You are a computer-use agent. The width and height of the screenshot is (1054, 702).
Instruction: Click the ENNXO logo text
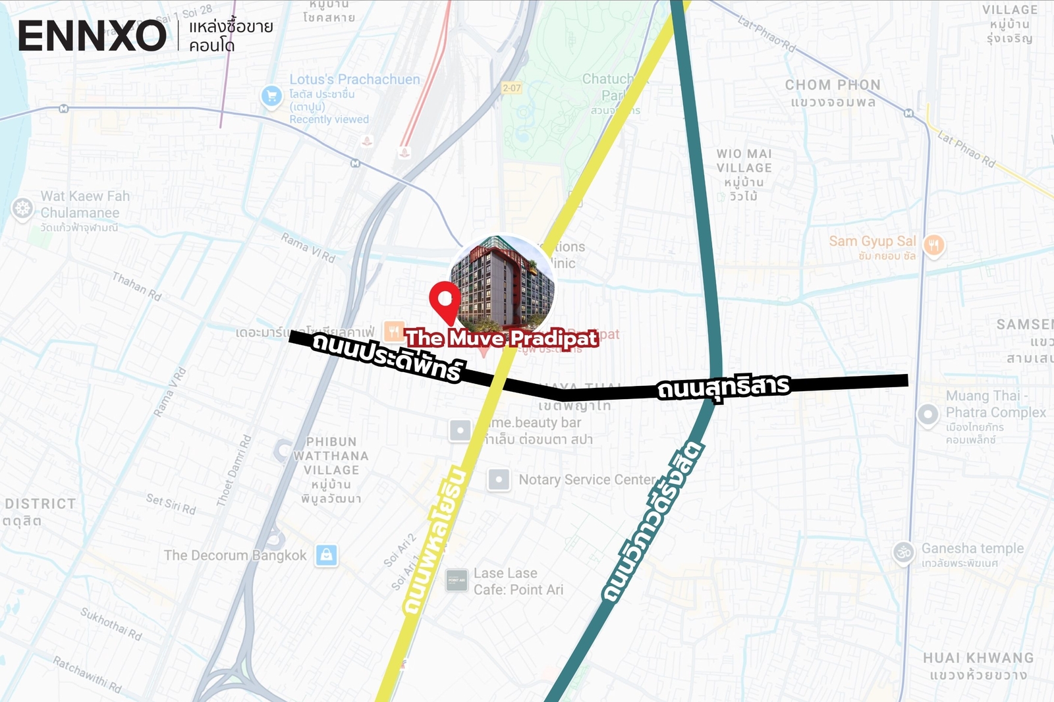(92, 36)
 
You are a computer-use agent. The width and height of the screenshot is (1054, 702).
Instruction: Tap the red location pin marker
(445, 300)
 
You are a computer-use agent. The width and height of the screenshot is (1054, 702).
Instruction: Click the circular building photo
(502, 284)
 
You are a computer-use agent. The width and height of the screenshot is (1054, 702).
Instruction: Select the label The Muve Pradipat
(502, 338)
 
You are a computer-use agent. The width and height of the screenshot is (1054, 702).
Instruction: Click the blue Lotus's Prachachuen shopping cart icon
(271, 96)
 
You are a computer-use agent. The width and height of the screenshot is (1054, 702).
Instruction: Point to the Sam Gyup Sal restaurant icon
(934, 245)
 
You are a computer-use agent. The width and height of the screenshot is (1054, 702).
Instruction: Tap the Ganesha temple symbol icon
(904, 553)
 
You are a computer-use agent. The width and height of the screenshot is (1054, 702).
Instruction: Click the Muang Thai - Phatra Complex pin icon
(928, 415)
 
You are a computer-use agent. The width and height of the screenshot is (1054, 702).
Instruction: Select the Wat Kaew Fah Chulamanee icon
(22, 209)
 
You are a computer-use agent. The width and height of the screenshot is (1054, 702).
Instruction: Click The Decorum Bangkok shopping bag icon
(326, 555)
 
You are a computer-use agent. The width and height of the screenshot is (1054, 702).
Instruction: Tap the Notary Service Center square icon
(499, 480)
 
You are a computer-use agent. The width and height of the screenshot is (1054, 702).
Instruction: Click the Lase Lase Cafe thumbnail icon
(457, 580)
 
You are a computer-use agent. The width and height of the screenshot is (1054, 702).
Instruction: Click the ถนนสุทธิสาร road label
(723, 387)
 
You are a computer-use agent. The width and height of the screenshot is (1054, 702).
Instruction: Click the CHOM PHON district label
(833, 85)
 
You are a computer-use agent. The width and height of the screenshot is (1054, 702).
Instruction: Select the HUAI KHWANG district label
(978, 658)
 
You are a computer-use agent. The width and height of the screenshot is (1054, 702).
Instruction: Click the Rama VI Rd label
(308, 247)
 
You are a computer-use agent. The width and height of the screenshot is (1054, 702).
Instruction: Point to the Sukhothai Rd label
(111, 623)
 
